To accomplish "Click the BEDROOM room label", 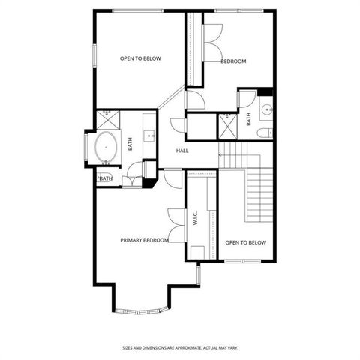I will point(233,61).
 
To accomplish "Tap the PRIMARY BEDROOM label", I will point(144,240).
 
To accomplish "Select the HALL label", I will point(182,151).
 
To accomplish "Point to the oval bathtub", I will point(106,148).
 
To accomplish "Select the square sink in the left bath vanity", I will point(149,136).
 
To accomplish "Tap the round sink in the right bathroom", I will point(268,112).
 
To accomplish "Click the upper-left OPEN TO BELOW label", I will point(141,58).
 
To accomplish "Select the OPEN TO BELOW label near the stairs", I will point(246,242).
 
